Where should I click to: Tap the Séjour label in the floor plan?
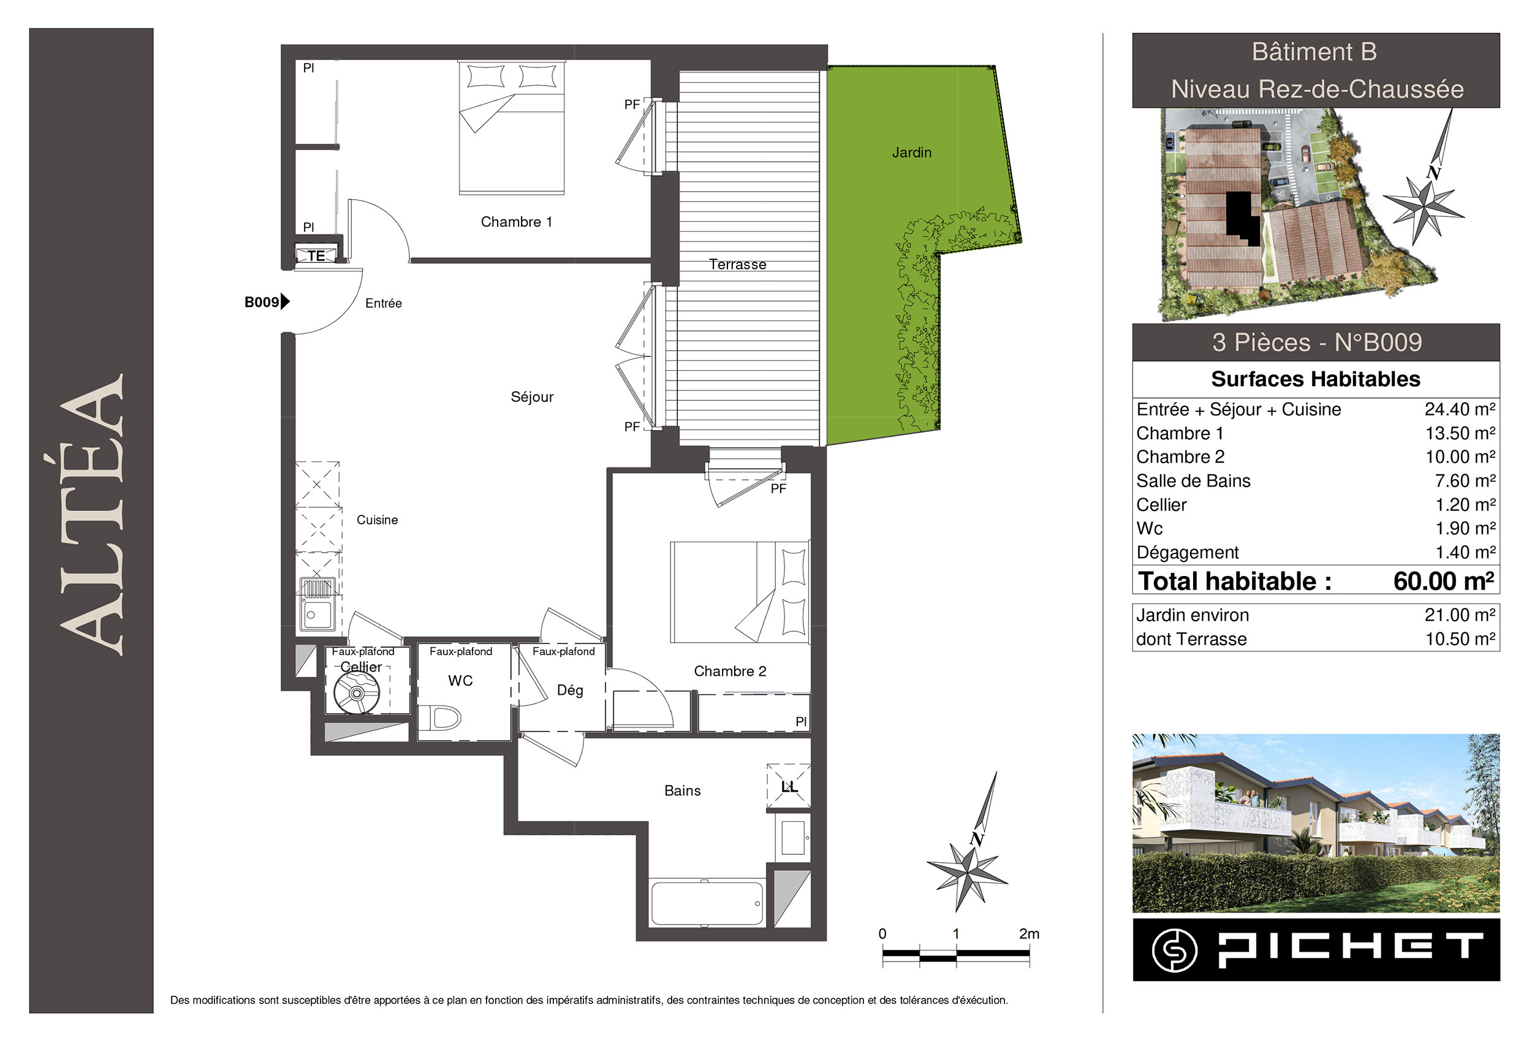point(532,397)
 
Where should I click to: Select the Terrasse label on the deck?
point(738,264)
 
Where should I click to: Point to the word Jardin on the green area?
point(912,153)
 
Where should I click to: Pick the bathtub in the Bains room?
point(707,903)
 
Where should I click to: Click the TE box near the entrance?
point(316,255)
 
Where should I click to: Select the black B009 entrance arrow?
point(286,302)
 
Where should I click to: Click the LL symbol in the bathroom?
point(789,786)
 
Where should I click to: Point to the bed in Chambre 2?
point(740,592)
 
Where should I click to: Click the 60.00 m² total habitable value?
point(1444,581)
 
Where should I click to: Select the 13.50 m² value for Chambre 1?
point(1460,433)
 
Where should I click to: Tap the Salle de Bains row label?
point(1193,481)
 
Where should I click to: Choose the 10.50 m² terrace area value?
point(1460,639)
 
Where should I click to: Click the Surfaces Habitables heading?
point(1316,379)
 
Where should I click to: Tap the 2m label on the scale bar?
point(1029,933)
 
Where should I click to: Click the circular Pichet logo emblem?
point(1175,950)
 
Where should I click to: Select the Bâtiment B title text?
point(1314,52)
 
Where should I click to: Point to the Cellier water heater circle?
point(357,693)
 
